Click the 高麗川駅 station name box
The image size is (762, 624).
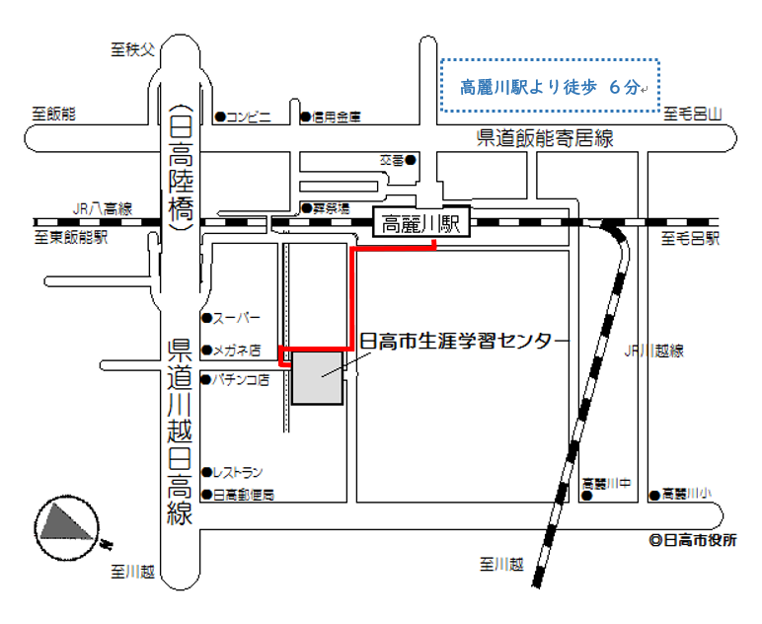[421, 223]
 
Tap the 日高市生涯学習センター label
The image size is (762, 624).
[464, 342]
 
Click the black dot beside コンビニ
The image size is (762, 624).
[220, 117]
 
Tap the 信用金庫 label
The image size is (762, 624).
[337, 117]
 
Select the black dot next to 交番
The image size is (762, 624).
[410, 160]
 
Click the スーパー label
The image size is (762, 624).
[237, 318]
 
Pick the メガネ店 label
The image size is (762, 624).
[237, 350]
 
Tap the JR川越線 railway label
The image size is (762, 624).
[654, 351]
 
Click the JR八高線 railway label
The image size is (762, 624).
[102, 208]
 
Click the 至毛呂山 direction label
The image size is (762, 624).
[693, 115]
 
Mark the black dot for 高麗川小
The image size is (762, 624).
[653, 494]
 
